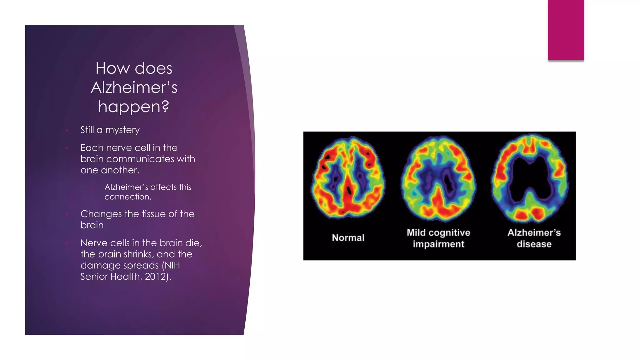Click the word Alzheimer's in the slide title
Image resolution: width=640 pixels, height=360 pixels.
point(134,87)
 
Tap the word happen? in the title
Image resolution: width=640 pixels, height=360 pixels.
point(134,107)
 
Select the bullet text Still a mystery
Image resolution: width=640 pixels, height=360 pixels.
point(110,130)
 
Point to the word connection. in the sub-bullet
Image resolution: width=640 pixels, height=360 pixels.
point(128,197)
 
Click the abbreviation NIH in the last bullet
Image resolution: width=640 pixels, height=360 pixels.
point(172,265)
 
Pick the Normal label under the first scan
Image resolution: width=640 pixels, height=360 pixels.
point(348,238)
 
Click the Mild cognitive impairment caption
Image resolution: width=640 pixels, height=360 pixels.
point(438,238)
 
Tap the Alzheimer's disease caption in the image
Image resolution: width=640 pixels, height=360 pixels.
point(534,238)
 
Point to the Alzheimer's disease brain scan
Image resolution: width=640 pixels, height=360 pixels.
point(530,178)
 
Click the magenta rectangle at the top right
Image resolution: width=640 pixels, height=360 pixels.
point(566,30)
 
